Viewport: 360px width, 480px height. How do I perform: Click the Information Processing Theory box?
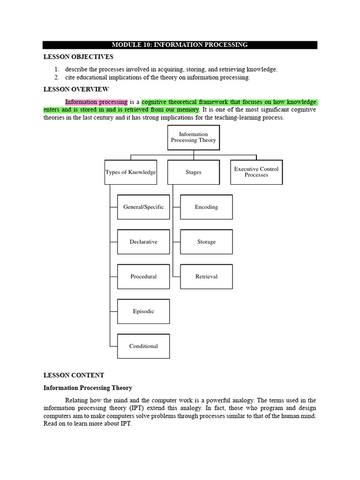click(x=193, y=137)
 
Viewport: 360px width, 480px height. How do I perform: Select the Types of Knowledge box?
click(x=130, y=172)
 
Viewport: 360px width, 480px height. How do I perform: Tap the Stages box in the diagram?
click(x=193, y=172)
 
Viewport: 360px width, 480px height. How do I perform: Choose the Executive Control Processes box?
click(x=256, y=172)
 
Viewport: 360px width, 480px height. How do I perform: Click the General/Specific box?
click(x=143, y=207)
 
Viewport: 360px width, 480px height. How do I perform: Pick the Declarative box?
click(x=143, y=242)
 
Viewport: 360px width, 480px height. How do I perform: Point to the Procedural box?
click(x=143, y=277)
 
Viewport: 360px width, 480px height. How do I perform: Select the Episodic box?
click(x=143, y=311)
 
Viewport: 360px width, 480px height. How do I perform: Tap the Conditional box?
click(x=143, y=346)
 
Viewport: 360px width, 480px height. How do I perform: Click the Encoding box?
click(x=206, y=207)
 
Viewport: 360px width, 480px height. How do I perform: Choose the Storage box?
click(x=206, y=242)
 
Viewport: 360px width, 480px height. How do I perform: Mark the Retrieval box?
click(x=206, y=277)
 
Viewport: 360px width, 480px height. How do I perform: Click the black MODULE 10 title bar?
click(x=180, y=45)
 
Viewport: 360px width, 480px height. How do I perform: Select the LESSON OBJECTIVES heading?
click(x=78, y=57)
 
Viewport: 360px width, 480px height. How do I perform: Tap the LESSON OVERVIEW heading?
click(x=76, y=89)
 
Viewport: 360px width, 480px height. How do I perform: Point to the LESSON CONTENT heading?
click(x=74, y=375)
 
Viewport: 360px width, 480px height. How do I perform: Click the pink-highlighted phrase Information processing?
click(x=96, y=102)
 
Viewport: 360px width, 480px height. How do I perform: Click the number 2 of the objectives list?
click(x=56, y=77)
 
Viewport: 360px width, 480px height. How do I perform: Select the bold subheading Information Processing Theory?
click(x=88, y=388)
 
